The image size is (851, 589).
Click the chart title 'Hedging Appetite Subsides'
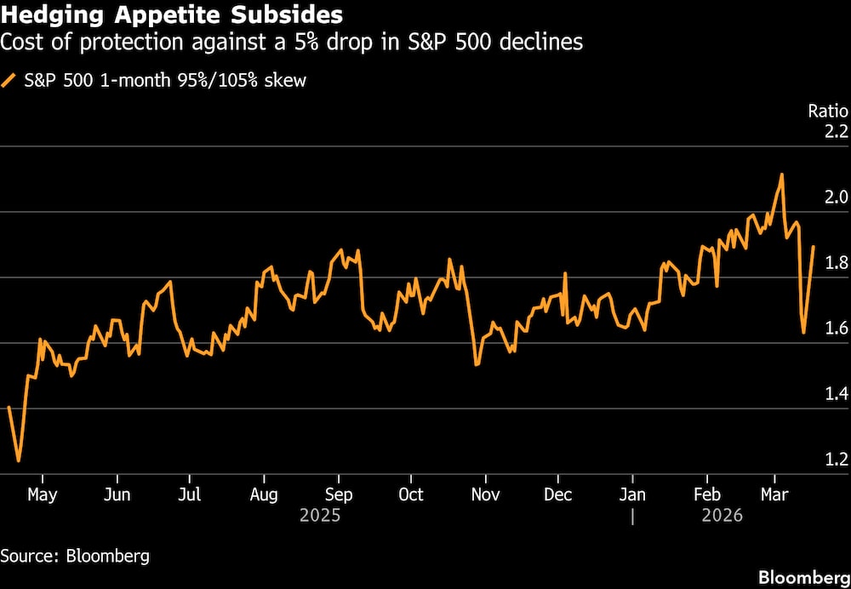pos(173,14)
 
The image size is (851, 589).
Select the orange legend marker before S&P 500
pos(9,81)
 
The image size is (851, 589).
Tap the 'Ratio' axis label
pos(827,111)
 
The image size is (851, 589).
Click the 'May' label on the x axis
pos(42,495)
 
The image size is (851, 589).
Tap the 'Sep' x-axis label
pos(339,495)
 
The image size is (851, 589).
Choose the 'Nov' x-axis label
pos(485,495)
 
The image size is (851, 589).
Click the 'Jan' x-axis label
pos(632,495)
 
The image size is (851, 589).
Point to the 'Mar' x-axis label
pos(774,495)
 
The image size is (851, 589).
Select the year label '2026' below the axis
pos(722,516)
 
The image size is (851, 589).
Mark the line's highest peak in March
pos(781,174)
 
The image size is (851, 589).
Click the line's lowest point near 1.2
pos(19,461)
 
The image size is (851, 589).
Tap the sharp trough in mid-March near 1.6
pos(803,333)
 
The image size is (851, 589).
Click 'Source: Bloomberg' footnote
pos(75,557)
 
